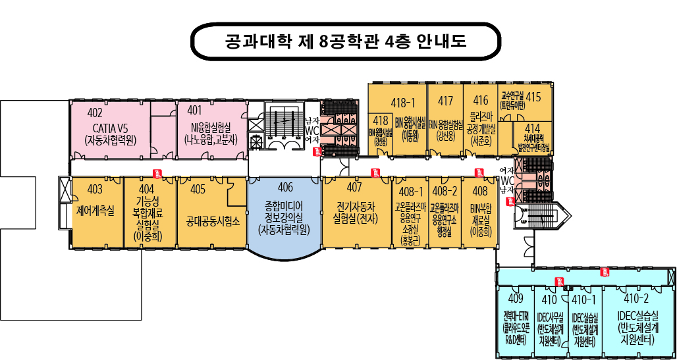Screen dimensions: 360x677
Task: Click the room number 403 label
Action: (95, 190)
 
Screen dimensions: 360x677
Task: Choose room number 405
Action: (198, 190)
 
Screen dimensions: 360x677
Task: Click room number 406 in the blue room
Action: (285, 187)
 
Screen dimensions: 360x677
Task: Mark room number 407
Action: (354, 187)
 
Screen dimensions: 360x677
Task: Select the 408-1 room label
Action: (410, 192)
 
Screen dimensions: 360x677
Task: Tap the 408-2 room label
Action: (444, 192)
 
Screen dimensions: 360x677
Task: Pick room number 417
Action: (445, 101)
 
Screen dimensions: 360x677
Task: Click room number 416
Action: (481, 101)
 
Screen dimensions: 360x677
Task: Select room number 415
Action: (533, 97)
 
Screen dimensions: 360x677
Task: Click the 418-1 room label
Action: (402, 102)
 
